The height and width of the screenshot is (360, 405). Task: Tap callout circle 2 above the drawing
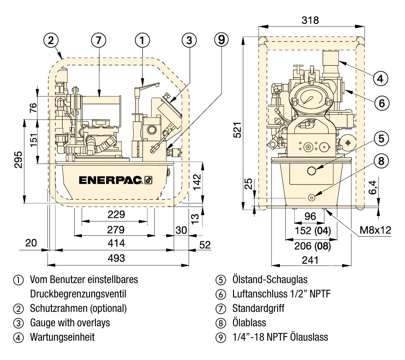coord(51,40)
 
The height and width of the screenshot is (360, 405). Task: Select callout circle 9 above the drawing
coord(221,40)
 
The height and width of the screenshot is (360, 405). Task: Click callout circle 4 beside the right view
coord(381,78)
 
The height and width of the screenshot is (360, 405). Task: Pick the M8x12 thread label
coord(375,230)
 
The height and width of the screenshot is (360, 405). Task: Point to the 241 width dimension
coord(310,260)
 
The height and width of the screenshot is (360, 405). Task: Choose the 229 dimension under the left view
coord(116,214)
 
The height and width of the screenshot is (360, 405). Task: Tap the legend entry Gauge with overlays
coord(70,323)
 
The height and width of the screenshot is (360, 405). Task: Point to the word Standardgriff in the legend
coord(258,308)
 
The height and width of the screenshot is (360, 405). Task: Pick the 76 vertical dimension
coord(33,108)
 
